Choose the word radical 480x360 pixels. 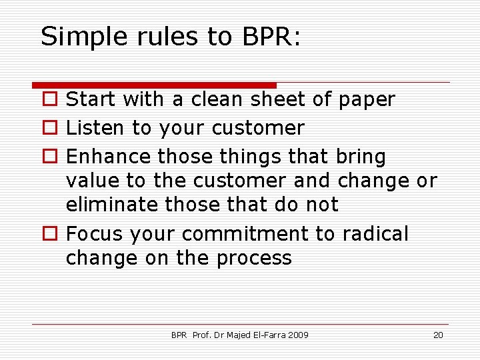coord(375,234)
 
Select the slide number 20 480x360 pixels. coord(438,335)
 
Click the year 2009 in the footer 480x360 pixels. coord(297,335)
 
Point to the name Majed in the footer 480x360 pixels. coord(238,335)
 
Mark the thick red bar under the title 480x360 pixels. coord(154,85)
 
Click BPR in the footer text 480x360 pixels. coord(179,335)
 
